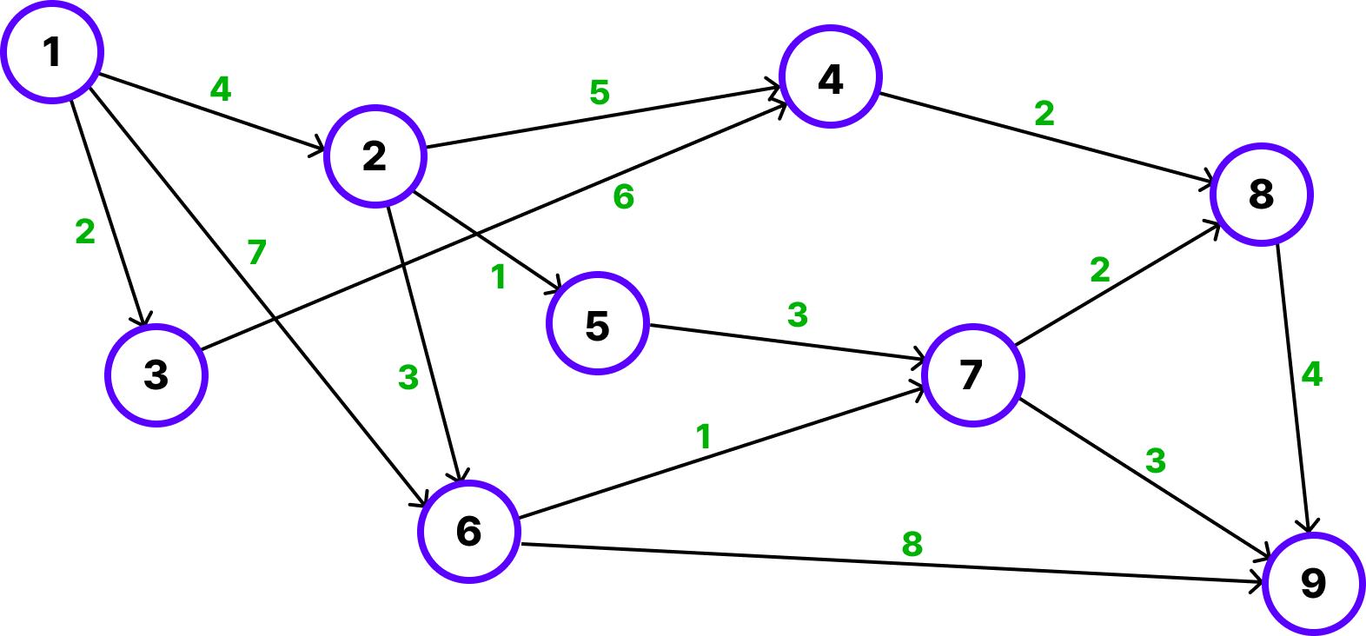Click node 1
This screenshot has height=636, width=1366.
click(52, 52)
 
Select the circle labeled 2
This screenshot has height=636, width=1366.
click(375, 156)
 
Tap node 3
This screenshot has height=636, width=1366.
click(156, 374)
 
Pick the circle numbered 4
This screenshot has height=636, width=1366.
click(831, 78)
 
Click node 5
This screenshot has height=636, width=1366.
click(597, 324)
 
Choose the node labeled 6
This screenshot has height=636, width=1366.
click(469, 531)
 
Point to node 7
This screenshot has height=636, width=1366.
click(972, 374)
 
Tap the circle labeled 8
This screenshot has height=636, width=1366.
click(1261, 194)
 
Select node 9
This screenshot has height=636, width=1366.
click(1313, 583)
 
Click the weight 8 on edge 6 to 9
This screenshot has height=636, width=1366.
click(912, 544)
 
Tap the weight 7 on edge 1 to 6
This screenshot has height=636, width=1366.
click(256, 252)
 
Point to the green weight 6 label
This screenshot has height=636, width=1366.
click(623, 197)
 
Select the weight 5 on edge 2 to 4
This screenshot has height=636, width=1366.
click(599, 92)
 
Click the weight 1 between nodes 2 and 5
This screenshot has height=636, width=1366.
click(498, 277)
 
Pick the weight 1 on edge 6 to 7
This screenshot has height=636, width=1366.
click(703, 436)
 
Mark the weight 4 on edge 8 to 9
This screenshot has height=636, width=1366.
click(1311, 374)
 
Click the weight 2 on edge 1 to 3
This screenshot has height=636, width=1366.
click(85, 231)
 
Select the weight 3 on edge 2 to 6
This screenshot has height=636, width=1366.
click(408, 377)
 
